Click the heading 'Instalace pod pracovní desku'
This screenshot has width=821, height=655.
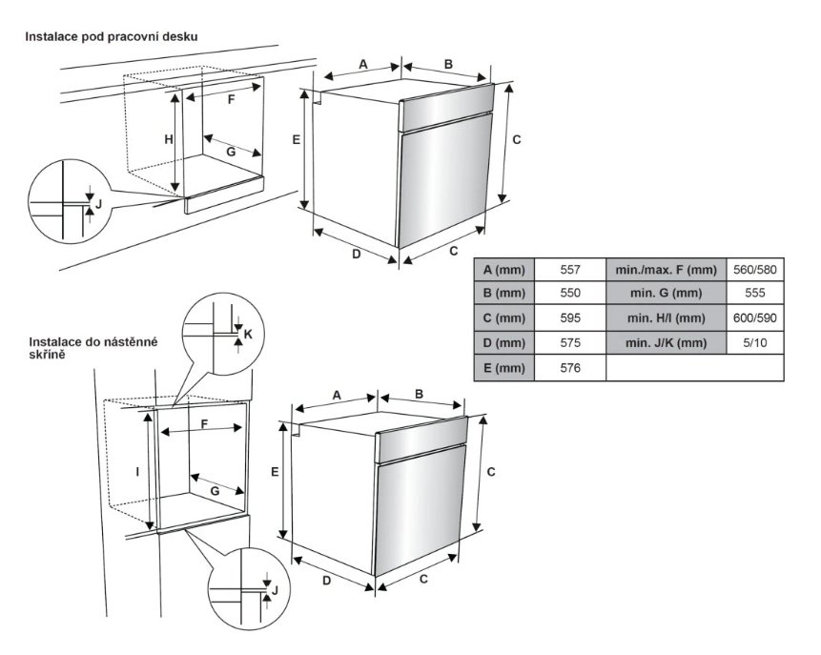pyautogui.click(x=112, y=35)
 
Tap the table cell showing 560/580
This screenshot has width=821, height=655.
pyautogui.click(x=755, y=269)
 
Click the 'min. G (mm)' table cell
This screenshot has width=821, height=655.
pyautogui.click(x=666, y=294)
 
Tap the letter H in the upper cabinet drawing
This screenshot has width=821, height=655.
pyautogui.click(x=168, y=139)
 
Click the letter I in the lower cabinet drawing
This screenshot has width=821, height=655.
pyautogui.click(x=138, y=471)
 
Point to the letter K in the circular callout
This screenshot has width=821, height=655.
pyautogui.click(x=247, y=334)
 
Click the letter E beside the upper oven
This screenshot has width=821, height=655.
pyautogui.click(x=297, y=139)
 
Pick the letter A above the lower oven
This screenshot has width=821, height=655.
pyautogui.click(x=336, y=395)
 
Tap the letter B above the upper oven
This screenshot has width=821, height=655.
pyautogui.click(x=447, y=64)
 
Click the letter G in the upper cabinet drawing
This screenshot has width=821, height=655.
pyautogui.click(x=230, y=152)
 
